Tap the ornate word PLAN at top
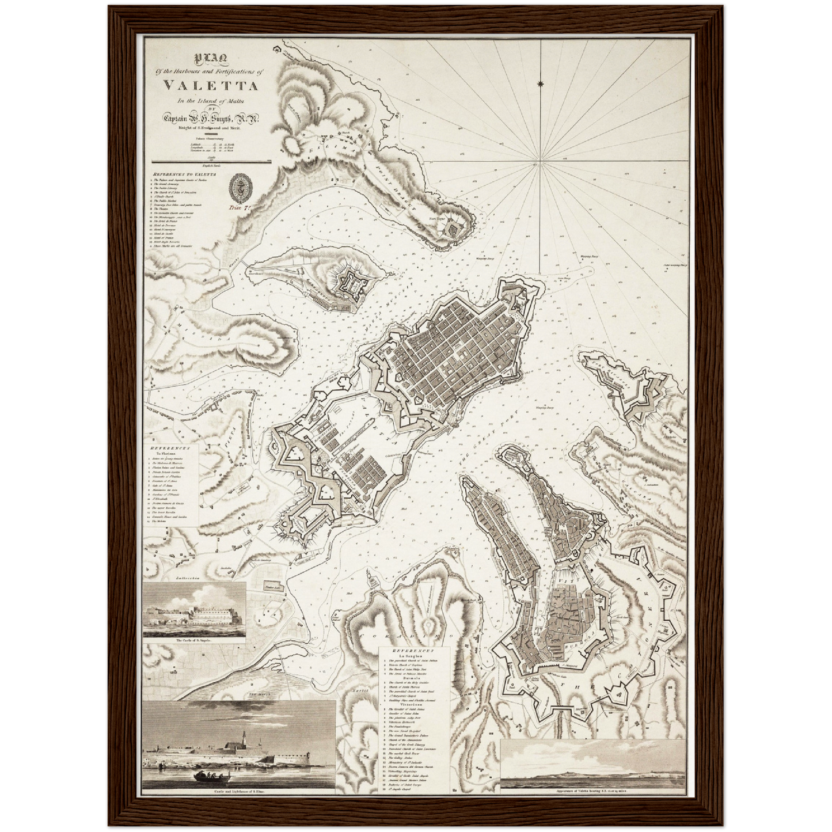tap(211, 58)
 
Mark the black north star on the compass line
tap(540, 85)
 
